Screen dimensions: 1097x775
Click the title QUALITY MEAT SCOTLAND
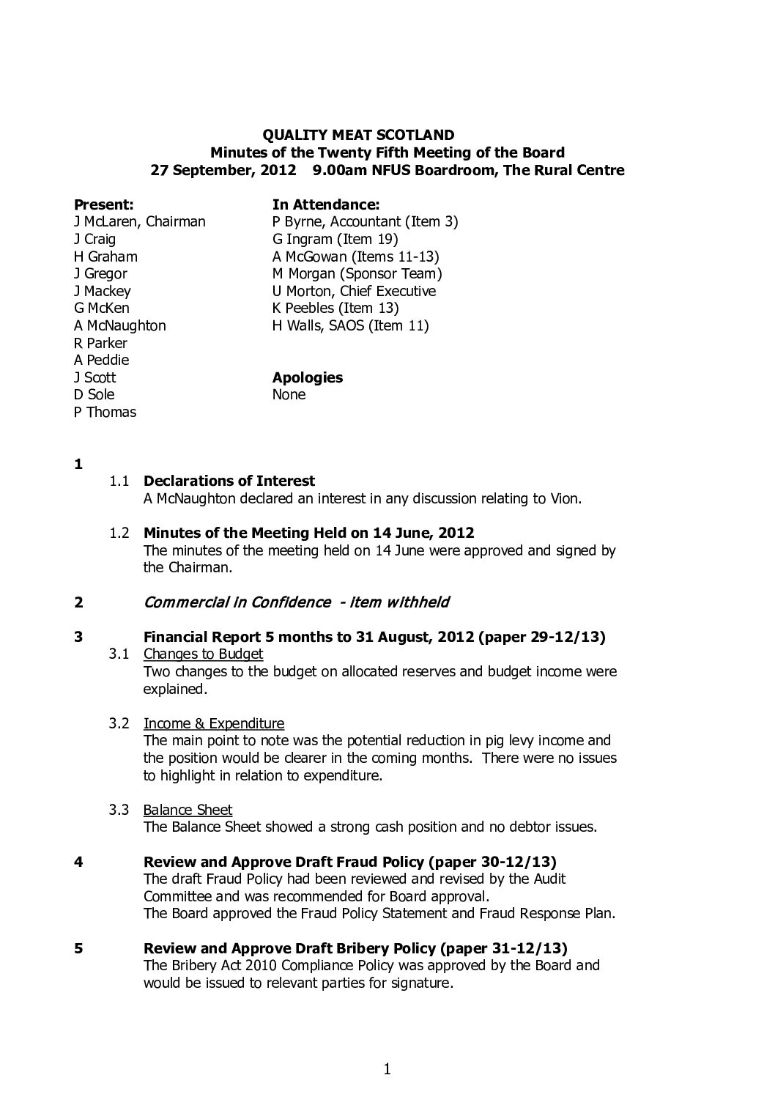tap(358, 135)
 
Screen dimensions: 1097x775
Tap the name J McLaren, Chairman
tap(140, 221)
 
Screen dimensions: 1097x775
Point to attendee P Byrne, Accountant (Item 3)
tap(365, 221)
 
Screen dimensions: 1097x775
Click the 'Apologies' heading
tap(308, 377)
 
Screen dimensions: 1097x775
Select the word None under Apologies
tap(289, 395)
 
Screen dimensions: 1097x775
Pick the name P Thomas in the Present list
tap(105, 412)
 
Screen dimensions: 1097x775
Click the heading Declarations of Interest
tap(229, 481)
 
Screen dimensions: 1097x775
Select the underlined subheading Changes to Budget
tap(203, 654)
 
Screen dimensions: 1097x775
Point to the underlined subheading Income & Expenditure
tap(213, 723)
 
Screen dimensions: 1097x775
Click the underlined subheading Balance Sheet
tap(188, 810)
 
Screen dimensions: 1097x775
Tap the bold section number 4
tap(78, 862)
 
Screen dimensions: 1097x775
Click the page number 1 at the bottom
tap(387, 1070)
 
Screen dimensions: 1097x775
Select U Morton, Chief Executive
tap(354, 291)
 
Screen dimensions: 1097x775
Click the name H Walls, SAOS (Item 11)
tap(350, 325)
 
